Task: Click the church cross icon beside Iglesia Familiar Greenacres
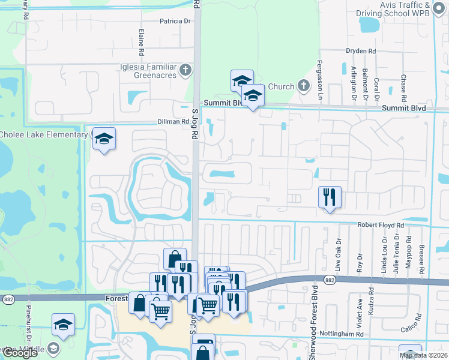click(186, 70)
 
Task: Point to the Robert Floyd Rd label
click(381, 225)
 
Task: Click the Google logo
click(20, 353)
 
